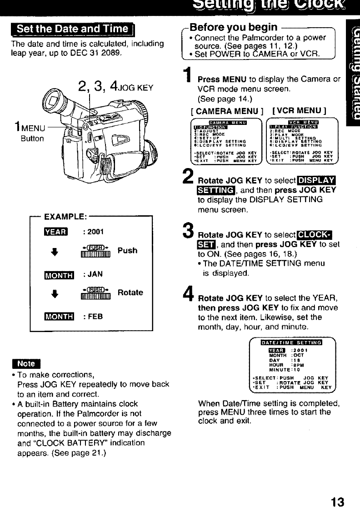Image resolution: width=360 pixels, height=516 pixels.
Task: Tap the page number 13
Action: (x=338, y=502)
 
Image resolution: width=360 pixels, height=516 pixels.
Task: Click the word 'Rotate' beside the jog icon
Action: (x=130, y=293)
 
